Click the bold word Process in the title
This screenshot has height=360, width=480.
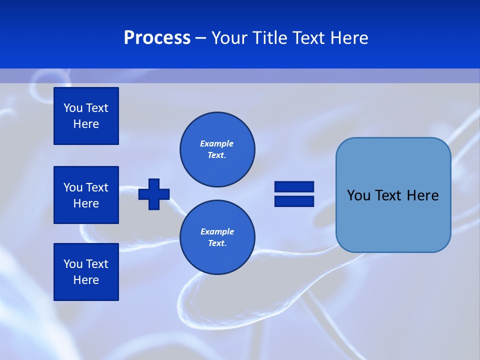[157, 38]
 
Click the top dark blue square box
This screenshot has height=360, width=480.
[86, 116]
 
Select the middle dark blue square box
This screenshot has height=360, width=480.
[86, 195]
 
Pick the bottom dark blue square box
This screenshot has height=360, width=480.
[86, 272]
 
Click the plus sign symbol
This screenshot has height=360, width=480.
[154, 194]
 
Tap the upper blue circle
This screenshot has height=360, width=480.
[217, 149]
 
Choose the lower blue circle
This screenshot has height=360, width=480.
[217, 237]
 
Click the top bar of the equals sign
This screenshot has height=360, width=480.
[294, 186]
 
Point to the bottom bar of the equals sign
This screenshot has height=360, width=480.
[294, 201]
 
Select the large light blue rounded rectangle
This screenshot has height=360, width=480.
[393, 220]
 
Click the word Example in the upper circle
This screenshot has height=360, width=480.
[217, 143]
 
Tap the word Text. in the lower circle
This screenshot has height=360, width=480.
[217, 243]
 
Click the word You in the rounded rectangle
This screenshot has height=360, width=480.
[358, 195]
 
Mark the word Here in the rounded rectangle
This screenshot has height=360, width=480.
[422, 195]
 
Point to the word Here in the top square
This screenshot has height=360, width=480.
[86, 124]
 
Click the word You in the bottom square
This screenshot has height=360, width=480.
[73, 264]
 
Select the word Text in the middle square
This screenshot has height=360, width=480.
[97, 187]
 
